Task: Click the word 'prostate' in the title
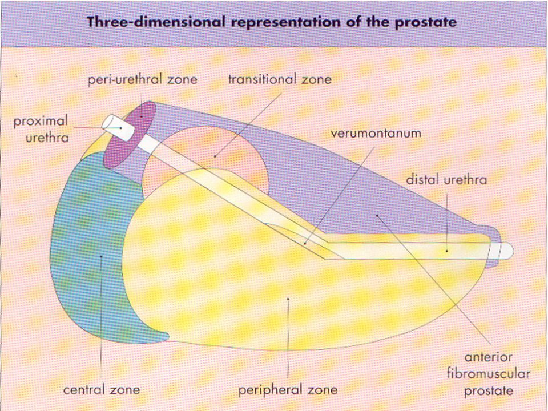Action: point(425,22)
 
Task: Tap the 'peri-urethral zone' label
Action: point(143,79)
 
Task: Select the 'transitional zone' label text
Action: point(280,79)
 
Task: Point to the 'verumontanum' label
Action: point(376,134)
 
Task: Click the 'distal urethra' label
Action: point(446,180)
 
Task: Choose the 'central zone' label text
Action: point(102,390)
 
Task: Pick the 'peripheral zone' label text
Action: point(288,390)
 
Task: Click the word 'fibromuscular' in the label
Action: point(489,373)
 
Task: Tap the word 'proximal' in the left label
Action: point(41,122)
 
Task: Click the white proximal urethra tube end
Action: point(118,127)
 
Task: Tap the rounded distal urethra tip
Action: point(507,251)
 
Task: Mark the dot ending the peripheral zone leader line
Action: point(288,299)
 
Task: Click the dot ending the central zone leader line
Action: point(102,256)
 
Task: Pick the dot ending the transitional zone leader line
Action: point(215,156)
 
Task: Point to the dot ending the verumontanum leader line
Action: point(305,244)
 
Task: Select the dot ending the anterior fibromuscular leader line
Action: point(377,216)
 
